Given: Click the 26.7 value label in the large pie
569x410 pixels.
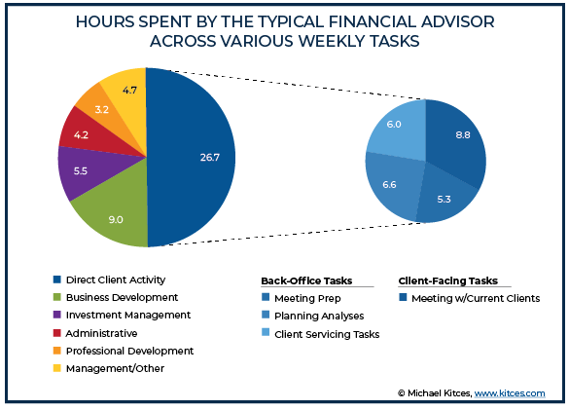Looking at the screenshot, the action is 210,158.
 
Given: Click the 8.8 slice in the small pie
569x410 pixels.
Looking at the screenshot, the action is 459,140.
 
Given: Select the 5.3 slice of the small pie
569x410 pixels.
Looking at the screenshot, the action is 445,197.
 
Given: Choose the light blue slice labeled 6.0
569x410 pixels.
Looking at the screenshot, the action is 398,128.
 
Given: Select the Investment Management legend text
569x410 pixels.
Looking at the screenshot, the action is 128,315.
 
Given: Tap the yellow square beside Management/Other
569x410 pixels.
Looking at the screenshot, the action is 57,368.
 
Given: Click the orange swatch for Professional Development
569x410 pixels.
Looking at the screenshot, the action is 57,351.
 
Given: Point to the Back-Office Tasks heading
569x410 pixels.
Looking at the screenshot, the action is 306,281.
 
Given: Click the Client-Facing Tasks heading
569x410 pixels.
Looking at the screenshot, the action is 448,281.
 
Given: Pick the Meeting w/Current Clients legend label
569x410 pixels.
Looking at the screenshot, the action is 476,298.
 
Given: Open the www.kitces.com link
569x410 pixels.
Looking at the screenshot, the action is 510,393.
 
